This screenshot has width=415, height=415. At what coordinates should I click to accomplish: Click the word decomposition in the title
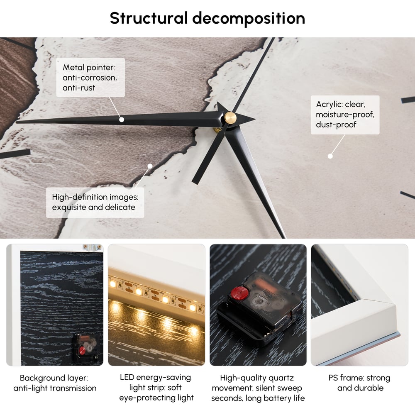tap(249, 19)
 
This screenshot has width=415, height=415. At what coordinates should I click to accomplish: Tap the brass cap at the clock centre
tap(230, 117)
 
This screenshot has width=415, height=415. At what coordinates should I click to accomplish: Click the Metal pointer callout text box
tap(90, 77)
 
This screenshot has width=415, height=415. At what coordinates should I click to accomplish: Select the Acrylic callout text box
tap(345, 115)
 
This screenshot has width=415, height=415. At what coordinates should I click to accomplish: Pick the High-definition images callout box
tap(95, 203)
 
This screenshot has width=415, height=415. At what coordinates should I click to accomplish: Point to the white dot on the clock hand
tap(122, 120)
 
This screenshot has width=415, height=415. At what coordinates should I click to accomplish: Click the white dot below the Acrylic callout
tap(330, 156)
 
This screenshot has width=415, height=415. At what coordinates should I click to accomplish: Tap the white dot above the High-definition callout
tap(150, 166)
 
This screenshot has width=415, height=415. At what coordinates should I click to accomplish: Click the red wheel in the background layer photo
tap(83, 350)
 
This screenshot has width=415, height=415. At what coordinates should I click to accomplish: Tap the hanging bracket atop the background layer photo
tap(92, 247)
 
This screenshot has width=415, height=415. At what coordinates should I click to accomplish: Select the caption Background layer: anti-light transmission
tap(55, 383)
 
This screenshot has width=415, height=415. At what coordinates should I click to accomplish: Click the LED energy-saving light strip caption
tap(156, 388)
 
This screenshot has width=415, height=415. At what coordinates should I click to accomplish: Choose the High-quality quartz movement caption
tap(258, 388)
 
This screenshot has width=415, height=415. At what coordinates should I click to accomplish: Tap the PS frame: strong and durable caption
tap(359, 383)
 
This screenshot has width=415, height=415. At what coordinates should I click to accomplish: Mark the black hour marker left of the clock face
tap(15, 154)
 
